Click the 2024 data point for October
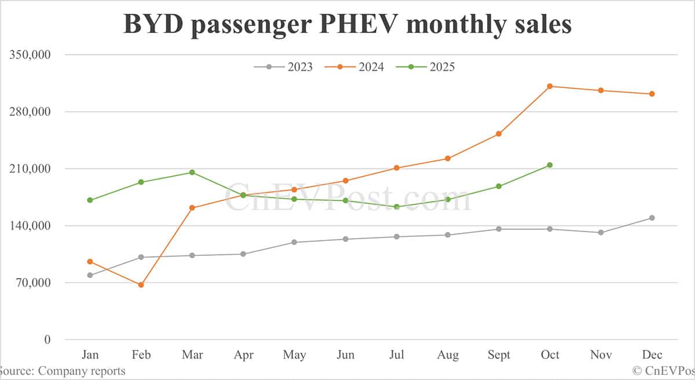click(x=550, y=86)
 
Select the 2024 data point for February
click(x=141, y=285)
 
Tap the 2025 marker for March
click(x=192, y=173)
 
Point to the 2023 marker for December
click(x=652, y=218)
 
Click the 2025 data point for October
click(x=550, y=165)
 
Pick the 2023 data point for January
click(x=90, y=275)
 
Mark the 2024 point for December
click(x=652, y=94)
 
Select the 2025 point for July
click(x=396, y=207)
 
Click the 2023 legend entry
click(x=283, y=67)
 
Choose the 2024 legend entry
click(x=354, y=67)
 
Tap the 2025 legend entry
click(x=426, y=67)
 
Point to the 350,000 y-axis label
click(x=30, y=55)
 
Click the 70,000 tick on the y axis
click(x=34, y=283)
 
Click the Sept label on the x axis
click(x=498, y=355)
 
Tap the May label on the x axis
click(x=294, y=355)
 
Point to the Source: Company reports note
click(x=63, y=371)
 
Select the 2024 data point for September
click(x=498, y=134)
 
